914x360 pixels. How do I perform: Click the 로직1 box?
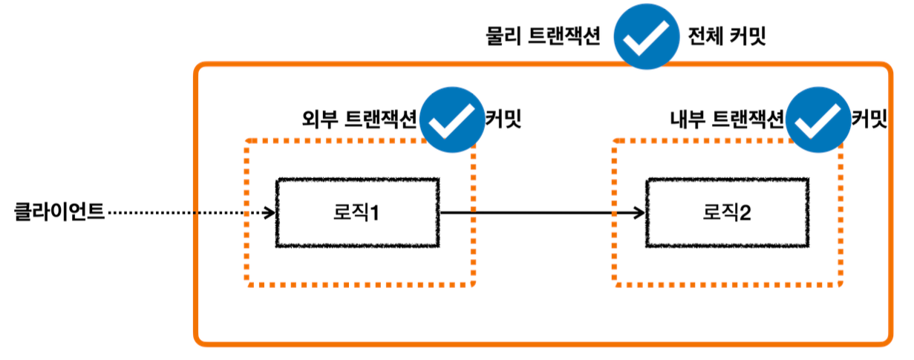coord(357,213)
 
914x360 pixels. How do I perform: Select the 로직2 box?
coord(727,213)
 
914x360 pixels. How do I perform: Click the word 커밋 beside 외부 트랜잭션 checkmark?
coord(503,120)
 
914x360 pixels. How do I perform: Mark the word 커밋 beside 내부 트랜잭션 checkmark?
coord(869,120)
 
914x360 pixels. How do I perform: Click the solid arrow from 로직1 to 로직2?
coord(542,213)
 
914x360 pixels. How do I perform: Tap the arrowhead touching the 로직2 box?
coord(639,213)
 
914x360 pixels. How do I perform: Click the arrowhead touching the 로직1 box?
coord(270,213)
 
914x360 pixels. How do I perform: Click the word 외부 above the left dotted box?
coord(313,120)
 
